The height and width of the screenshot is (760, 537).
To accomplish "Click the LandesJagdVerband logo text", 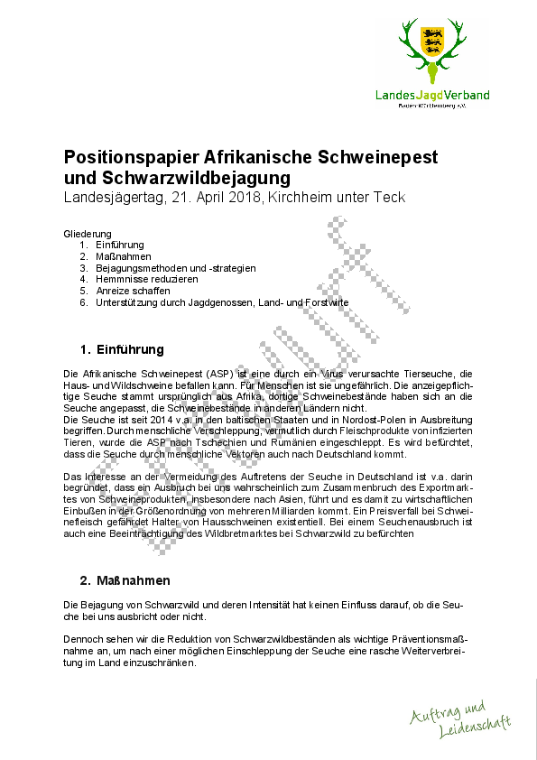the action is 433,95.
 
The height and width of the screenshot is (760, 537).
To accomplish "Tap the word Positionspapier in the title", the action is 132,157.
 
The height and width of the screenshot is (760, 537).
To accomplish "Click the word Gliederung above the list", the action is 88,233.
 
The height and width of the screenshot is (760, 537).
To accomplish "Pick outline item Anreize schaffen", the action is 133,292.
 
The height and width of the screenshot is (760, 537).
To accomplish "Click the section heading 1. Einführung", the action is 122,349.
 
